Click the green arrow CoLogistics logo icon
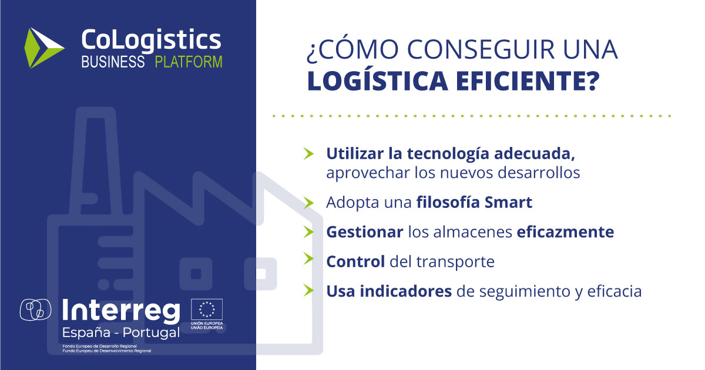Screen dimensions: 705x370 coord(43,48)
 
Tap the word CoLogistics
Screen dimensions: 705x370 coord(152,41)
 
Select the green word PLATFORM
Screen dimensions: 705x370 coord(189,62)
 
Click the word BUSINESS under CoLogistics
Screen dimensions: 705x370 coord(113,62)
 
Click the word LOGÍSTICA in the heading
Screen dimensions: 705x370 coord(378,80)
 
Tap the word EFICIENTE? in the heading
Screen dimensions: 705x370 coord(528,81)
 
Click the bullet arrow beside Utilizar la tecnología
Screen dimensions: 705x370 coord(309,153)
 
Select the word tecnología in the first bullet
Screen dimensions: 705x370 coord(448,154)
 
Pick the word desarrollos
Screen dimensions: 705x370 coord(539,173)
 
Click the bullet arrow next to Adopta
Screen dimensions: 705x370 coord(309,202)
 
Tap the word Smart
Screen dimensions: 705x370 coord(508,202)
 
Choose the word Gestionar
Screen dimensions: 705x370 coord(365,232)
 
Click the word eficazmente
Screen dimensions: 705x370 coord(565,232)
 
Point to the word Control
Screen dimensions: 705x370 coord(355,262)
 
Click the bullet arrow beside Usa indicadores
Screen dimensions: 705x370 coord(309,290)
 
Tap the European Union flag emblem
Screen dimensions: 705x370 coord(207,310)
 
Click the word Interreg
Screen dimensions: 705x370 coord(121,311)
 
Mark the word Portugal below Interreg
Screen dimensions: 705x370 coord(151,332)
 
